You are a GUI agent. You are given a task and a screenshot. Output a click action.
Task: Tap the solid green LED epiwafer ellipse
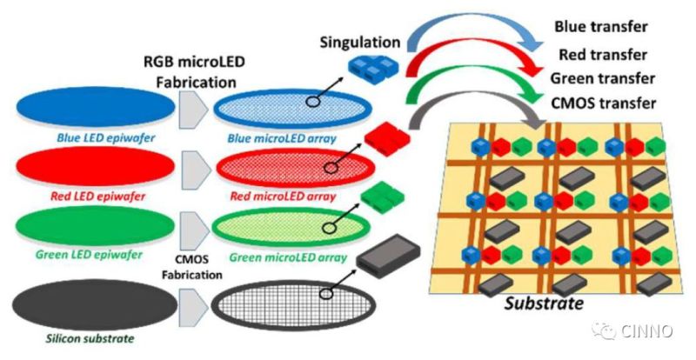click(90, 228)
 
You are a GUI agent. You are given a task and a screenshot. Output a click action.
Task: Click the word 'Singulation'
click(359, 42)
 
